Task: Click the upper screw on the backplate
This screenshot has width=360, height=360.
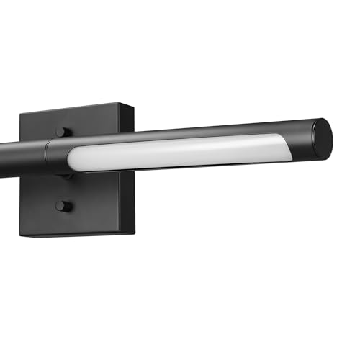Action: click(x=63, y=132)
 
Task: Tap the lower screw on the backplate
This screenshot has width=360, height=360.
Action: click(x=63, y=206)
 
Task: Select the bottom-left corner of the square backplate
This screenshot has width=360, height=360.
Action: click(x=22, y=231)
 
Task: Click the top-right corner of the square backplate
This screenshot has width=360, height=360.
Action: click(x=132, y=105)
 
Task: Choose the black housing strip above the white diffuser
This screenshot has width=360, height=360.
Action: click(x=180, y=136)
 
